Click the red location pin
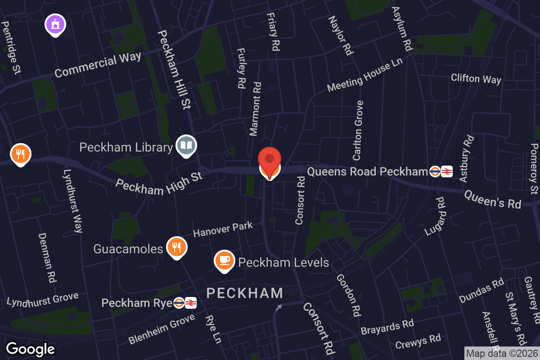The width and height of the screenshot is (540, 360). coord(270,160)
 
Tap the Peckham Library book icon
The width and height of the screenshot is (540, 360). coord(186,145)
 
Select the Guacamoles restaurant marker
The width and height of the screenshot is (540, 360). coord(176,247)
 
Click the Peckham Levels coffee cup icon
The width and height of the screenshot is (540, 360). coord(225,261)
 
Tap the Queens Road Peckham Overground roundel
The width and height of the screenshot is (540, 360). coord(435,171)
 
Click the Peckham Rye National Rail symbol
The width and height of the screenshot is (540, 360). coord(190,303)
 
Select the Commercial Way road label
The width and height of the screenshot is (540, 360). coord(98,65)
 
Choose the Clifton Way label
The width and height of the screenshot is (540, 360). coord(476,79)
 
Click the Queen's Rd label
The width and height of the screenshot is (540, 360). coord(492,198)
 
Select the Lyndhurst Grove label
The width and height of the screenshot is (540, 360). coord(42,299)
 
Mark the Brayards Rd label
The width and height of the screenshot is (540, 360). coord(387,327)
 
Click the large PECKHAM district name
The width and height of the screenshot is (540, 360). coord(245,293)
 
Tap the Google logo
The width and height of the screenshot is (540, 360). coord(31,349)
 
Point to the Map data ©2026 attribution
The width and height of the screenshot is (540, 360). coord(502,354)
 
